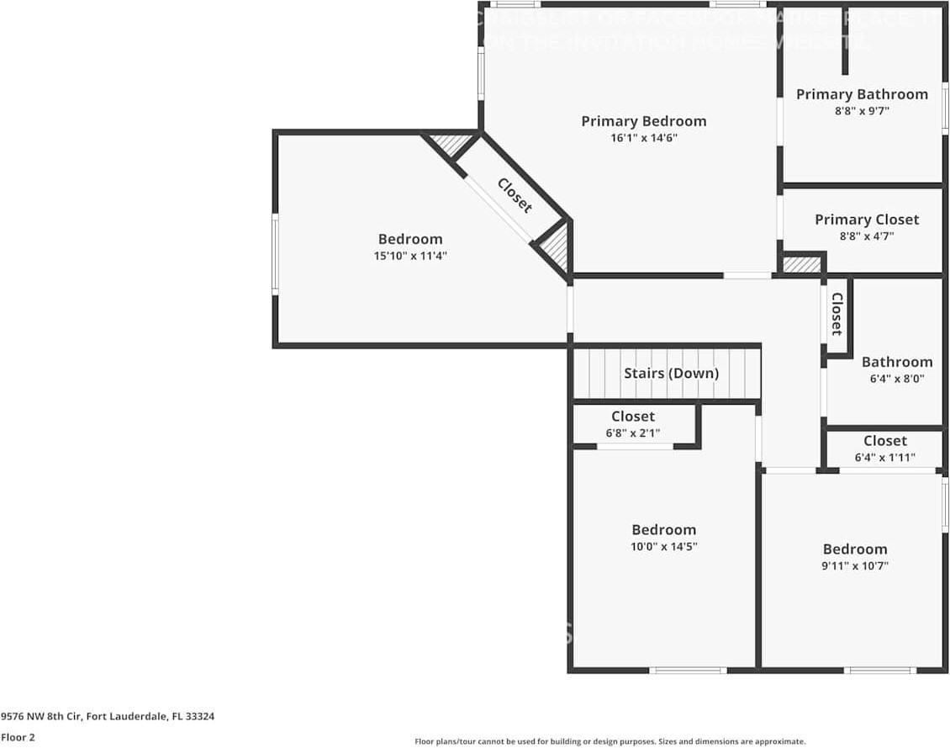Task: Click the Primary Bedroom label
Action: point(643,121)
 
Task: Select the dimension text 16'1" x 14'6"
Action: point(643,138)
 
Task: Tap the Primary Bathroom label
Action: point(862,94)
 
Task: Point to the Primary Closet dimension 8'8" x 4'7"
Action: point(866,236)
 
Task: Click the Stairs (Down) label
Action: point(671,373)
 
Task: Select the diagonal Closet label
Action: point(515,195)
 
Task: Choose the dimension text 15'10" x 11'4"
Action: point(409,256)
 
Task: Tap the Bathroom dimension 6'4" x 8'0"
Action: point(896,379)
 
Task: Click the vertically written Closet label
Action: point(837,314)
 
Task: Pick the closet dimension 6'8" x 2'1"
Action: point(632,433)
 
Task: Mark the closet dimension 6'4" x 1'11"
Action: point(884,458)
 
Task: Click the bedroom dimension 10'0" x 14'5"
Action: point(663,546)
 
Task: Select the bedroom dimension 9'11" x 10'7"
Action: point(854,565)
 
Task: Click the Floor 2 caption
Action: point(18,737)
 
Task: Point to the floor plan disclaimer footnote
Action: point(610,741)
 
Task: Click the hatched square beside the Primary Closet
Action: point(801,264)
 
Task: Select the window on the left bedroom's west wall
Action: point(275,255)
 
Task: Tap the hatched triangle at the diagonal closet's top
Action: point(452,144)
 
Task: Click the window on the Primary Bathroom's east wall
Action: point(945,108)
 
